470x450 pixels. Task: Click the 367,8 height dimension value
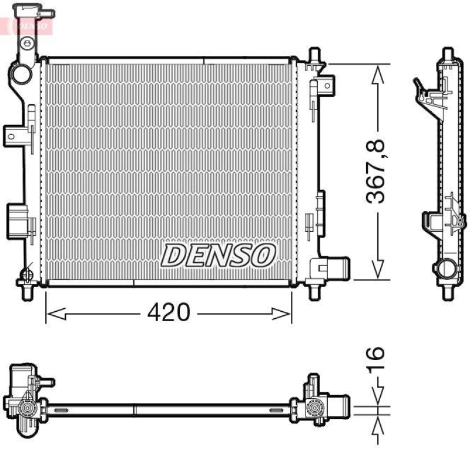(x=377, y=171)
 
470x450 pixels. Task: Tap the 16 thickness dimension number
(x=377, y=359)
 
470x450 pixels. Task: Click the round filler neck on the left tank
(x=21, y=75)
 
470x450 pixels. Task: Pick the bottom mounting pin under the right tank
(x=313, y=290)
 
